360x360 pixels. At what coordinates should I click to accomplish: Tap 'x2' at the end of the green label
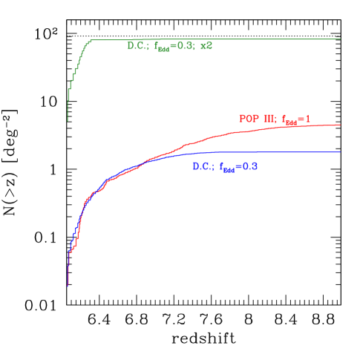tap(207, 46)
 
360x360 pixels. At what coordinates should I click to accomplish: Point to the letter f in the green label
tap(157, 47)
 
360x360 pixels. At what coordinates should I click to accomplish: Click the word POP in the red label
tap(249, 118)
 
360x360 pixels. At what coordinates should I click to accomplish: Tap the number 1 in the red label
tap(307, 119)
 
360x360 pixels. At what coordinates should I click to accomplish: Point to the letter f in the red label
tap(283, 119)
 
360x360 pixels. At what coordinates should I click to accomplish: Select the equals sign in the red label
tap(300, 119)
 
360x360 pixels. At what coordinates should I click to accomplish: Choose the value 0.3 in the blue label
tap(249, 167)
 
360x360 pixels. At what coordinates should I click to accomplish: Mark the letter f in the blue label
tap(222, 168)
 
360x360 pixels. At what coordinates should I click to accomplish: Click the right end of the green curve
tap(341, 39)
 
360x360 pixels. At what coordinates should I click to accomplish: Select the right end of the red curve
tap(341, 125)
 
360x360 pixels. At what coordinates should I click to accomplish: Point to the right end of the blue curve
tap(341, 151)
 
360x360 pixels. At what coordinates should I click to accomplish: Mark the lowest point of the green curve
tap(68, 120)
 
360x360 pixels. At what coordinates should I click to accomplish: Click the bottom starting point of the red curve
tap(68, 284)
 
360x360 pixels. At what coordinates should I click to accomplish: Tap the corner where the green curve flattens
tap(90, 41)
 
